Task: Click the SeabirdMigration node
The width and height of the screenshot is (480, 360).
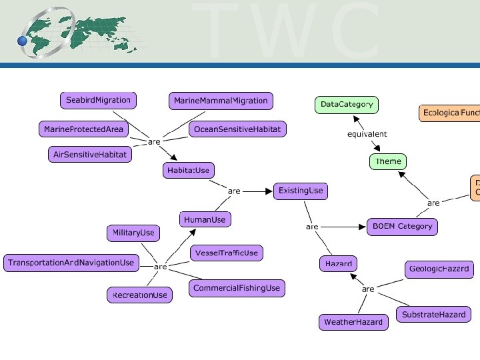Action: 98,101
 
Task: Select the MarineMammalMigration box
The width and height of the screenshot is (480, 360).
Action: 221,101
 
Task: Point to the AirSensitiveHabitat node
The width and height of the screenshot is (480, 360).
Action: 90,155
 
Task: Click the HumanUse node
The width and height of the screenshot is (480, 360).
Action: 205,219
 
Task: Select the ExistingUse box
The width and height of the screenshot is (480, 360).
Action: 301,191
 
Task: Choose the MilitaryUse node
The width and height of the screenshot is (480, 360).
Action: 133,233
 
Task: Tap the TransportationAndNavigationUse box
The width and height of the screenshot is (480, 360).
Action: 71,263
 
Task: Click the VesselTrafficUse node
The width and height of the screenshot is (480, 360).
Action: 226,253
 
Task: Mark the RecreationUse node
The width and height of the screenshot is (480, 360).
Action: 139,295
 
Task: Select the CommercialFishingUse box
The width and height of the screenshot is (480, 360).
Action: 237,288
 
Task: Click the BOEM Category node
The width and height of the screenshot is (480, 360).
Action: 402,227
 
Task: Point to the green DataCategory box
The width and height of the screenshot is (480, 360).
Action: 347,105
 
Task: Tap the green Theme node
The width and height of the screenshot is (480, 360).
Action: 388,161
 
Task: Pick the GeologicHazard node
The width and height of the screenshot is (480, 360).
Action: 439,269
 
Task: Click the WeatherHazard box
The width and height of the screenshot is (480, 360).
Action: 353,322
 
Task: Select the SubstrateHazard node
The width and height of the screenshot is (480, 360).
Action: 433,315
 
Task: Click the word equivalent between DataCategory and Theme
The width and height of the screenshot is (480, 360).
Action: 367,134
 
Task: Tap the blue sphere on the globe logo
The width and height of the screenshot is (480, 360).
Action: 23,41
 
